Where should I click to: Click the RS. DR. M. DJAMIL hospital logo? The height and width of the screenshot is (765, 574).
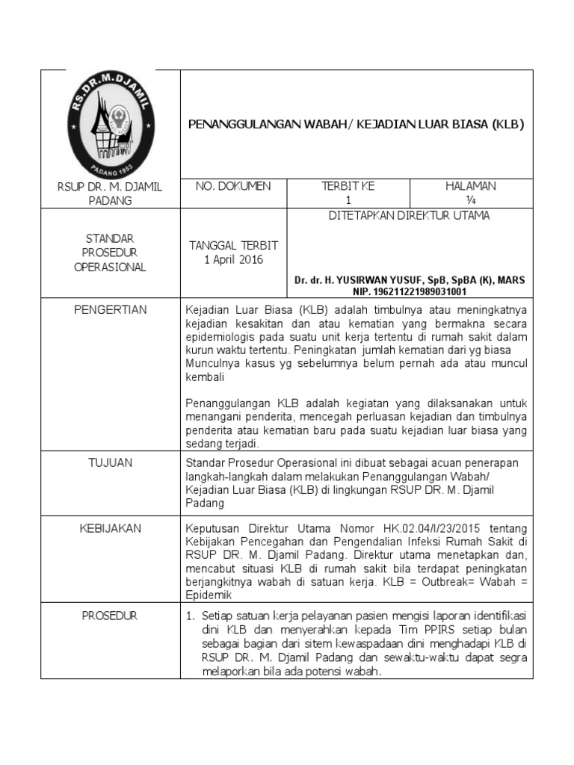pyautogui.click(x=111, y=124)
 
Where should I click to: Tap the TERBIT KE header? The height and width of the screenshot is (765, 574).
pyautogui.click(x=347, y=186)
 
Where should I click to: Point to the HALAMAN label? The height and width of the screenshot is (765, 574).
pyautogui.click(x=470, y=186)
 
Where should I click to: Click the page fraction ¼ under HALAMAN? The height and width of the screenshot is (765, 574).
pyautogui.click(x=471, y=200)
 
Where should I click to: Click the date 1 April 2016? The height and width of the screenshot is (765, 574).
pyautogui.click(x=233, y=259)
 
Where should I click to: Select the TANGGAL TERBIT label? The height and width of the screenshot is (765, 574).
pyautogui.click(x=233, y=245)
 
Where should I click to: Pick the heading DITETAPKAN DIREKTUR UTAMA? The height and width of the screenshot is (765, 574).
pyautogui.click(x=410, y=216)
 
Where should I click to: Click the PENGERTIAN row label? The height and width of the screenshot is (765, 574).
pyautogui.click(x=111, y=309)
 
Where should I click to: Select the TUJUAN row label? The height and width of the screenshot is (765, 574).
pyautogui.click(x=111, y=462)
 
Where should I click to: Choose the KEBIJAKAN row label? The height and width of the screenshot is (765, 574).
pyautogui.click(x=111, y=528)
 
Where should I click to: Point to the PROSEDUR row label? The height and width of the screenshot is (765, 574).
pyautogui.click(x=111, y=616)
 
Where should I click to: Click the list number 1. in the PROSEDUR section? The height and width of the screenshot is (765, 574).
pyautogui.click(x=189, y=616)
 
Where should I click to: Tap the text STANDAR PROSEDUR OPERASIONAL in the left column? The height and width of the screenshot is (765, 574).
pyautogui.click(x=111, y=253)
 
